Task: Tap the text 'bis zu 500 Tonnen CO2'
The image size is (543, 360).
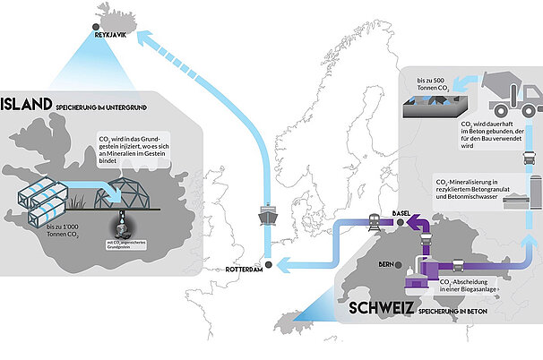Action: pos(438,83)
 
